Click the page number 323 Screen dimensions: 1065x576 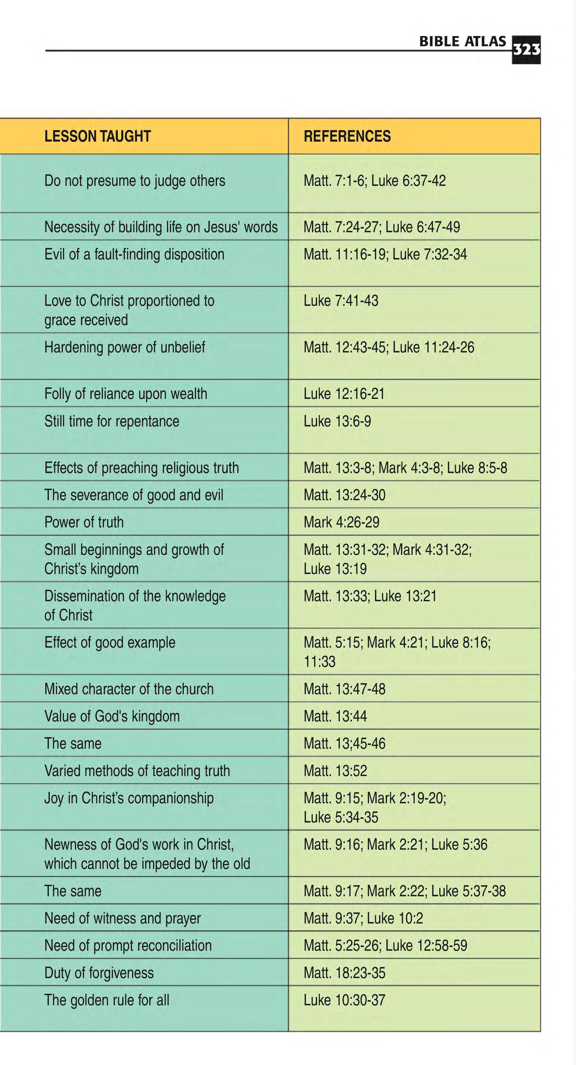click(x=526, y=50)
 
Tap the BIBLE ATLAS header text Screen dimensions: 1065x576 click(x=462, y=41)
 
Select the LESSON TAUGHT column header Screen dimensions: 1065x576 click(x=98, y=136)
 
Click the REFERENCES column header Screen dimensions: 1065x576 click(x=347, y=136)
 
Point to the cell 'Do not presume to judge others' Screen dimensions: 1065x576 click(x=135, y=181)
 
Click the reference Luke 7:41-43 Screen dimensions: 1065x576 click(x=341, y=301)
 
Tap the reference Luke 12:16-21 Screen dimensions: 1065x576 click(x=344, y=394)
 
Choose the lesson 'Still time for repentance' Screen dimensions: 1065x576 click(x=112, y=421)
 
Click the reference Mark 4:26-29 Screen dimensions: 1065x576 click(x=342, y=522)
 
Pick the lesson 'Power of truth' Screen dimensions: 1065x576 click(x=84, y=522)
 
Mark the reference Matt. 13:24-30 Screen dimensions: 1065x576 click(x=345, y=495)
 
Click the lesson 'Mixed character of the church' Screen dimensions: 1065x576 click(x=129, y=689)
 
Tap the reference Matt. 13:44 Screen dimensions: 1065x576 click(x=335, y=716)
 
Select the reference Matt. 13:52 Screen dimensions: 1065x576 click(x=335, y=771)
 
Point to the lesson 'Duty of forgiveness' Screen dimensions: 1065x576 click(x=99, y=973)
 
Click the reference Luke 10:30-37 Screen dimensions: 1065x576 click(x=345, y=1000)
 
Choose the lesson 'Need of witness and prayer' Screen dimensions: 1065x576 click(x=123, y=918)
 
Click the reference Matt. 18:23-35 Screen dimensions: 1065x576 click(x=345, y=973)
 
